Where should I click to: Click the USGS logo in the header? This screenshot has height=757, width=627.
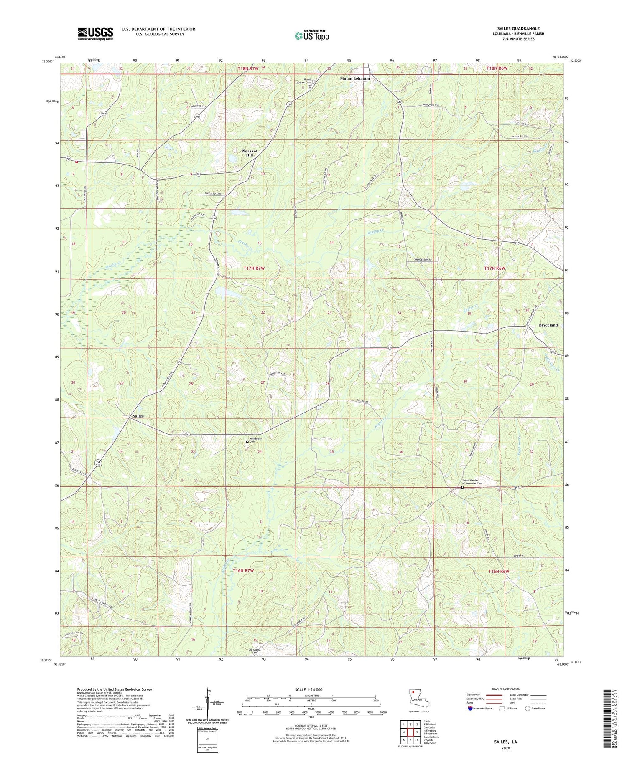click(x=95, y=33)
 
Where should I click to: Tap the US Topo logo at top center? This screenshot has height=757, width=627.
click(x=311, y=35)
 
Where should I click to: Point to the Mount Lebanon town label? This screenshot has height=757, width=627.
click(x=354, y=79)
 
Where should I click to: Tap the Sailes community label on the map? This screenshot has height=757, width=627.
click(x=138, y=416)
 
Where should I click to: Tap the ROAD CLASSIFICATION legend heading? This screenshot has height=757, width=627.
click(x=506, y=689)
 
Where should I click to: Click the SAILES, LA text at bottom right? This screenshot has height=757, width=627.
click(x=505, y=741)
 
